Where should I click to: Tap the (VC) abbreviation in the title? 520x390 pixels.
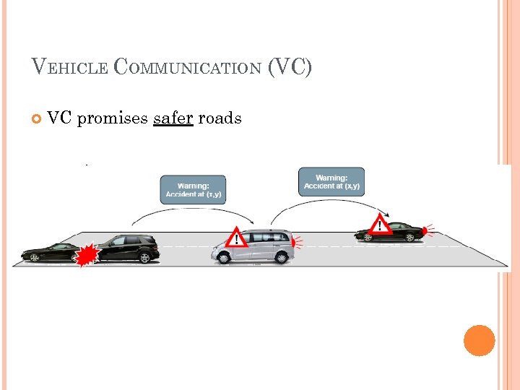click(290, 68)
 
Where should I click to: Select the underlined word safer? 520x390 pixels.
click(173, 118)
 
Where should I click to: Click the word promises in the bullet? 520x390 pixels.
click(112, 118)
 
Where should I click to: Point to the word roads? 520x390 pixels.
click(220, 118)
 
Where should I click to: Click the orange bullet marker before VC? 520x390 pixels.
click(36, 118)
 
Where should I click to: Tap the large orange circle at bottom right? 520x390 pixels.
click(480, 340)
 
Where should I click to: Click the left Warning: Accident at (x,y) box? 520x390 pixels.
click(192, 189)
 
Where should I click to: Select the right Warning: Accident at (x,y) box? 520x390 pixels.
click(331, 182)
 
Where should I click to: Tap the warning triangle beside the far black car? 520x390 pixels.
click(381, 225)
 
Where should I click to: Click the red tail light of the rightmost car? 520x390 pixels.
click(425, 232)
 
